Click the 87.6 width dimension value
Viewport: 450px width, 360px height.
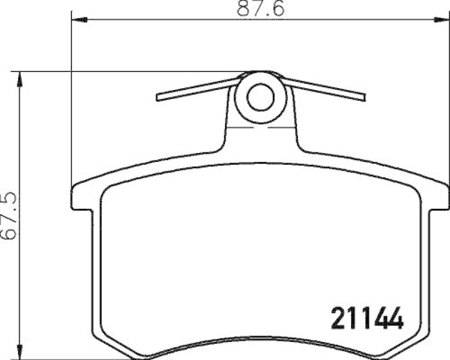point(256,9)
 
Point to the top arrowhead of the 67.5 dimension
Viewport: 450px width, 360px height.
point(21,78)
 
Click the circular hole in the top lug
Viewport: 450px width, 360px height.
point(260,97)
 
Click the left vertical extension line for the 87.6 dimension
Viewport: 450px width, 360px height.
point(71,101)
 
